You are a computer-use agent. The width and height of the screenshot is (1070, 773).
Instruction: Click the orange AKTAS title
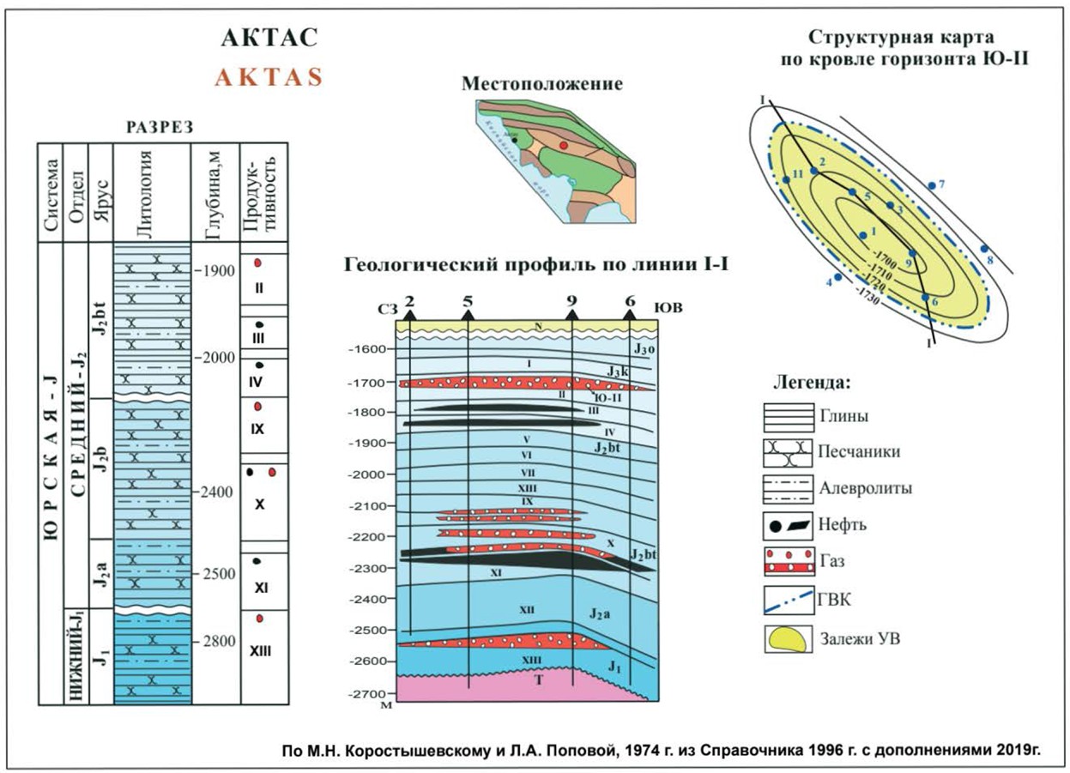[269, 76]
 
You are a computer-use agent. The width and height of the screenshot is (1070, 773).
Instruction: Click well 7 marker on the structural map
[931, 185]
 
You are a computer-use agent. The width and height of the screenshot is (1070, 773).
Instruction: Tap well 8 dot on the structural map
[984, 249]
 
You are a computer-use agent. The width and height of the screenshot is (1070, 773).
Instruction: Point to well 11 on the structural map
[785, 179]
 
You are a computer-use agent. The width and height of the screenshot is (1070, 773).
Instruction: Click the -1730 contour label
[870, 292]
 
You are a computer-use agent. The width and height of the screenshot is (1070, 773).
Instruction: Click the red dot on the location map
[563, 146]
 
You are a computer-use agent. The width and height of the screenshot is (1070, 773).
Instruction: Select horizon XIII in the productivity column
[261, 650]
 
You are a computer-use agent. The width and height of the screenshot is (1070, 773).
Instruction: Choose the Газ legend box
[789, 559]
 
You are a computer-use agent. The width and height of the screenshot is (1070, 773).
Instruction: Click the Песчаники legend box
[789, 450]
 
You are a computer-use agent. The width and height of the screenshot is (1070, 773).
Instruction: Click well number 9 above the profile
[572, 301]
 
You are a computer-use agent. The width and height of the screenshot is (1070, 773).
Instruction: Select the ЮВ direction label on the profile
[668, 305]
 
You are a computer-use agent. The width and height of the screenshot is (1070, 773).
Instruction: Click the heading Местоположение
[541, 83]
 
